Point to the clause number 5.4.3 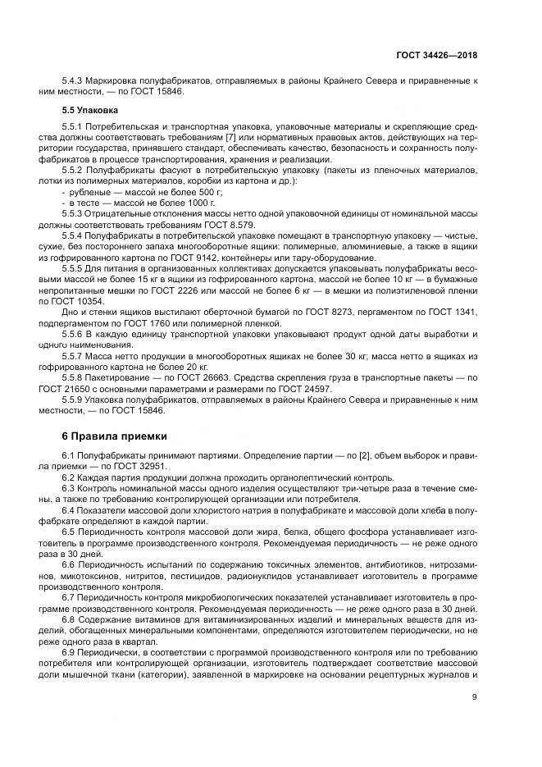pyautogui.click(x=76, y=81)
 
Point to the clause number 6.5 pyautogui.click(x=71, y=531)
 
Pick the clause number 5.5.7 pyautogui.click(x=76, y=358)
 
